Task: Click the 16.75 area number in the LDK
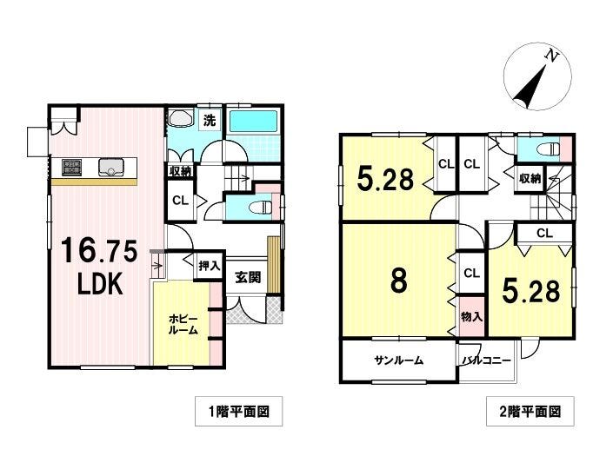(x=99, y=251)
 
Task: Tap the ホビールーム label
(x=183, y=325)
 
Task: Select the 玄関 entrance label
(x=248, y=277)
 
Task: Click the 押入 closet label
(x=210, y=267)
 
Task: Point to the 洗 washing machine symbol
(x=210, y=120)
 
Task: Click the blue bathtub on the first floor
(x=253, y=121)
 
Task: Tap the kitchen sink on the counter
(x=111, y=168)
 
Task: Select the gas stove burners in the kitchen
(x=71, y=167)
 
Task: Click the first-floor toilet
(x=262, y=208)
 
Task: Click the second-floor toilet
(x=549, y=149)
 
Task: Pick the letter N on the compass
(x=551, y=56)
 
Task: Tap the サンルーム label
(x=398, y=360)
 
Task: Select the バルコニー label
(x=486, y=360)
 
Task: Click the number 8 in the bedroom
(x=398, y=281)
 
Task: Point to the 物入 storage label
(x=472, y=316)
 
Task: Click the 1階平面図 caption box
(x=238, y=411)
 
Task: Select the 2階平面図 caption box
(x=530, y=411)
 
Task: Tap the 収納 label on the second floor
(x=530, y=178)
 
